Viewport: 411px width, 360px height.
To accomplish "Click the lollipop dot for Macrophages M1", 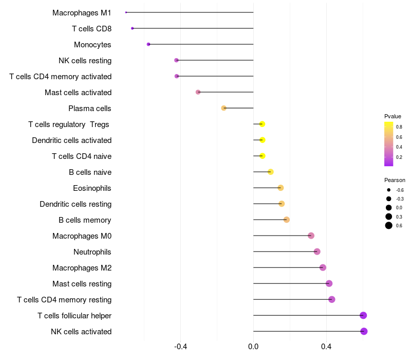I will (126, 12).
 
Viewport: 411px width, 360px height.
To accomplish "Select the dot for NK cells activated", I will (364, 331).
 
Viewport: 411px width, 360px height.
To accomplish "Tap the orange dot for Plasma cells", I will (223, 108).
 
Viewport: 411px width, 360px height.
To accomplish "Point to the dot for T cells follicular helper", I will (363, 315).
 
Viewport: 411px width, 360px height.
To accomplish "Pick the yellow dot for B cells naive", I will (271, 172).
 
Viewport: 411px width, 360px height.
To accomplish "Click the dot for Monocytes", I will (148, 44).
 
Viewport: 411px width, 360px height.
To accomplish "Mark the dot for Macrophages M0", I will (311, 236).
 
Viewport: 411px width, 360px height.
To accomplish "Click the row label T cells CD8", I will (91, 28).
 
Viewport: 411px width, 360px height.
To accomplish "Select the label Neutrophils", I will (92, 252).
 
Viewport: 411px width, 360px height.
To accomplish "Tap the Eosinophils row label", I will (92, 188).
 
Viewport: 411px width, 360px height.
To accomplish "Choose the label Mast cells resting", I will (82, 284).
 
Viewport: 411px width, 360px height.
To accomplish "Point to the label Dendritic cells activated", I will (71, 140).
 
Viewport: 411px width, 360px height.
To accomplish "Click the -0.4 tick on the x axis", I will (180, 347).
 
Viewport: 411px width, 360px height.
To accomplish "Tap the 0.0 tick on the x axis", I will (253, 347).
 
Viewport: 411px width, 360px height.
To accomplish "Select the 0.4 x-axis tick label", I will (326, 347).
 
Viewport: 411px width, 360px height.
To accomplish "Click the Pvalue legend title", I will (393, 116).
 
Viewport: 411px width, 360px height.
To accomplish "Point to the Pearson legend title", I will (395, 180).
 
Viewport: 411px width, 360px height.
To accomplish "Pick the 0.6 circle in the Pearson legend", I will (389, 225).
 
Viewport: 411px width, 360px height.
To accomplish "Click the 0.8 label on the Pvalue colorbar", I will (399, 127).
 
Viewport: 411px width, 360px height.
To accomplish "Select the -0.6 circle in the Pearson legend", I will (389, 190).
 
